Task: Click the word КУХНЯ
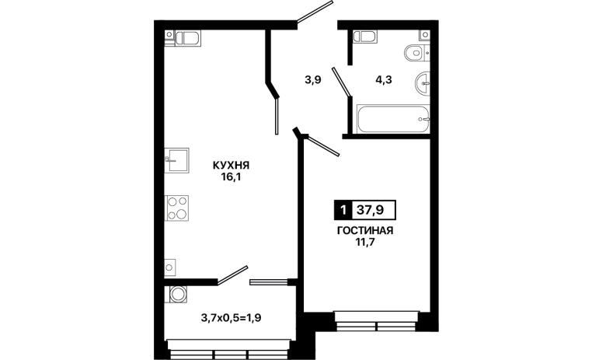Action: pos(231,165)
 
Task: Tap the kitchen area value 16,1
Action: pos(231,177)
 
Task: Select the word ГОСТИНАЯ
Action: pos(365,230)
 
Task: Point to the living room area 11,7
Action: pos(365,242)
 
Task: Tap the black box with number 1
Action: pos(343,210)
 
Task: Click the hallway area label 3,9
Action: pos(313,80)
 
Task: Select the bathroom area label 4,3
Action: pos(384,80)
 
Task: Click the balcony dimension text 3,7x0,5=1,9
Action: pos(231,318)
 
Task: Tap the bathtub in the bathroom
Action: pos(393,119)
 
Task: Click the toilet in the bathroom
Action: pos(416,53)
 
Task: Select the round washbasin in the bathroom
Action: pos(423,82)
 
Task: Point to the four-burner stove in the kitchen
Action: pos(176,208)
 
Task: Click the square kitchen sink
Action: pos(176,160)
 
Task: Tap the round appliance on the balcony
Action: pos(177,294)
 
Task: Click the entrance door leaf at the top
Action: pos(315,12)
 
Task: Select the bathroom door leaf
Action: pos(342,82)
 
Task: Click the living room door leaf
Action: pos(323,145)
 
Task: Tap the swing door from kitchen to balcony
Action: pos(232,274)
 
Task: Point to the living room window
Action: pos(377,321)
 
